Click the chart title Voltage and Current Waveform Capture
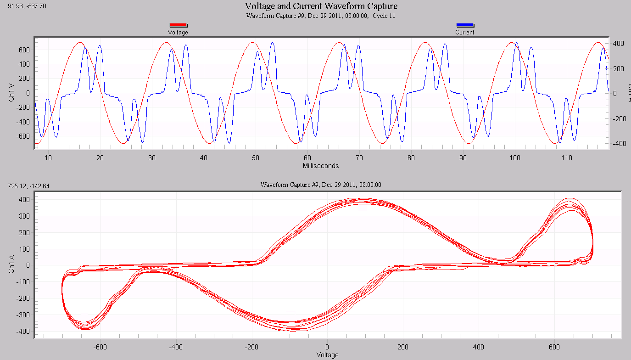[321, 6]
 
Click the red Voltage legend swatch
[178, 26]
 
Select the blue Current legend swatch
[465, 26]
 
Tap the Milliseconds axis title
[321, 165]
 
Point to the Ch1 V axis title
[11, 93]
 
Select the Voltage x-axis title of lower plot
[328, 355]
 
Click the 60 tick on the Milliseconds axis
[307, 157]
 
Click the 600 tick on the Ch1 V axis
[24, 50]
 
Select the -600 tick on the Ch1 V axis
[22, 136]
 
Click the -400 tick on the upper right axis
[618, 144]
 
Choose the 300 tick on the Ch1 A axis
[24, 216]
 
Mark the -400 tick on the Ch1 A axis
[22, 332]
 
